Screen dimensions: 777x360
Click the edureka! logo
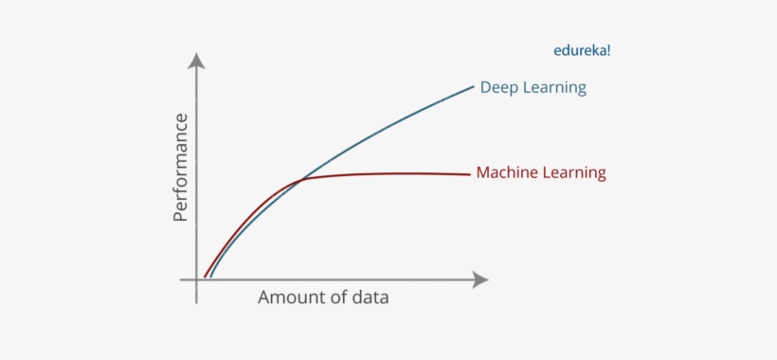(x=581, y=51)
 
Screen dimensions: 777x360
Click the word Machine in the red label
(x=508, y=173)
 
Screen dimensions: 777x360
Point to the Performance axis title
(x=181, y=167)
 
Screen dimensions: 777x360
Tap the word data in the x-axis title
(x=368, y=297)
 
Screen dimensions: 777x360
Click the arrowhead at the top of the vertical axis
(x=197, y=61)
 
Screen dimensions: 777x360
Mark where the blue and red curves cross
(x=301, y=179)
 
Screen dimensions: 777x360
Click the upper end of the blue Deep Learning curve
(x=473, y=86)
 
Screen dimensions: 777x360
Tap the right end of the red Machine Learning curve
(x=470, y=174)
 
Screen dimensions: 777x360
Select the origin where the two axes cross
(x=197, y=279)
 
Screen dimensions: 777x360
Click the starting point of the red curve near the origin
(x=205, y=277)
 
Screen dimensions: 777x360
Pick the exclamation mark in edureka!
(x=608, y=51)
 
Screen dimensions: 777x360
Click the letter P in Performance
(x=181, y=214)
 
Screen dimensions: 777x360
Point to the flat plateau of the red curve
(x=398, y=173)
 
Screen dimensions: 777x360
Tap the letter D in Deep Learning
(x=486, y=88)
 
